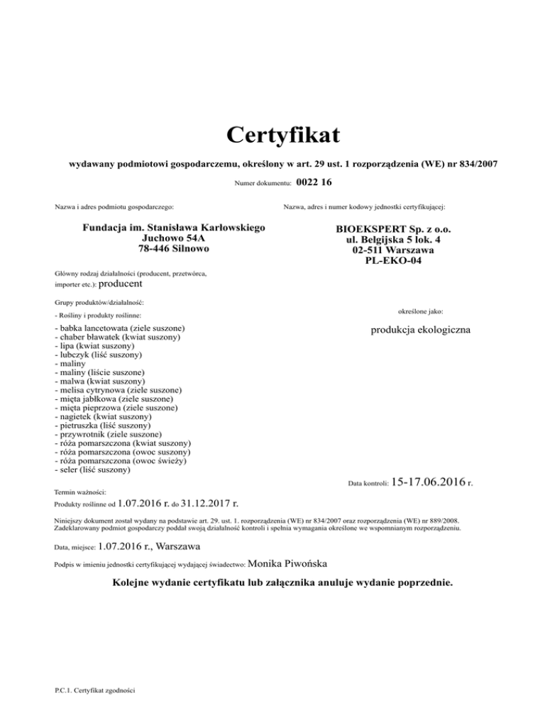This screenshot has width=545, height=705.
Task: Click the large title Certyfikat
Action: click(x=272, y=133)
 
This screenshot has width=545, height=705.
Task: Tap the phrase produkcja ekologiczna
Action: click(x=414, y=331)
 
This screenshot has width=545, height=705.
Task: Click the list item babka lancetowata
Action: click(x=120, y=329)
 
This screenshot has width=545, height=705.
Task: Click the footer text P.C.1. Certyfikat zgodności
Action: click(x=95, y=689)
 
